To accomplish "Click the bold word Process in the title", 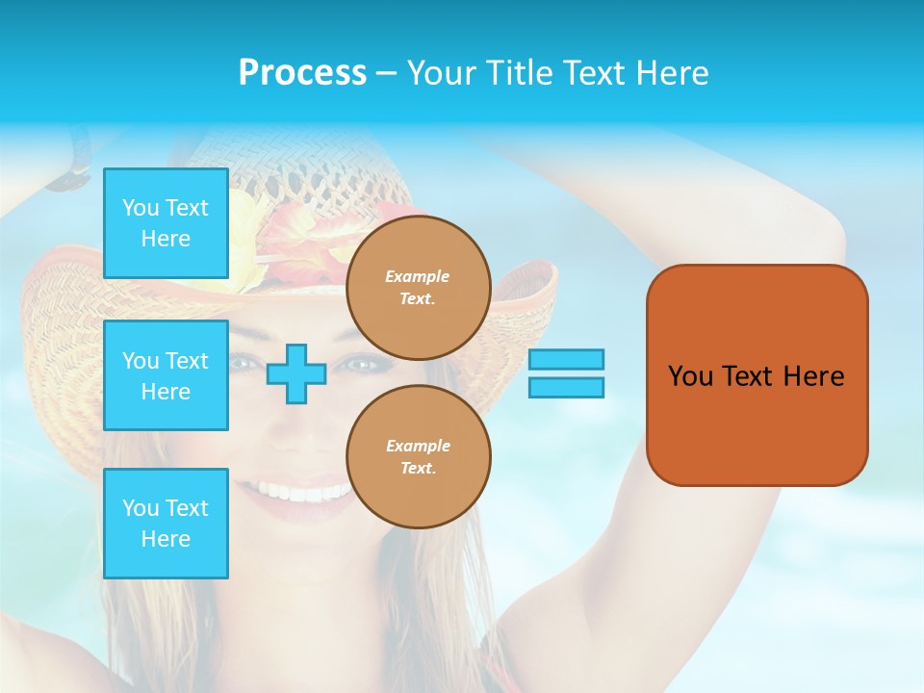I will coord(302,73).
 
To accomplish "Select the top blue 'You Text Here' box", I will coord(166,223).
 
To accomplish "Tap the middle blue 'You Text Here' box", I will coord(166,375).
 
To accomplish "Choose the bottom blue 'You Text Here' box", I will coord(166,524).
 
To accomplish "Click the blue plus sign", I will coord(296,373).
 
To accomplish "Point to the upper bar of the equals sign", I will coord(566,359).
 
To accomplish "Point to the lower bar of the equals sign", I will coord(566,387).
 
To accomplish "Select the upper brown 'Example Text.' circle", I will coord(419,288).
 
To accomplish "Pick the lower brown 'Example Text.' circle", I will coord(419,457).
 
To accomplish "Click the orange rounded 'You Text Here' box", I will coord(757,375).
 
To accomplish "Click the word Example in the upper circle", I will coord(418,276).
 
